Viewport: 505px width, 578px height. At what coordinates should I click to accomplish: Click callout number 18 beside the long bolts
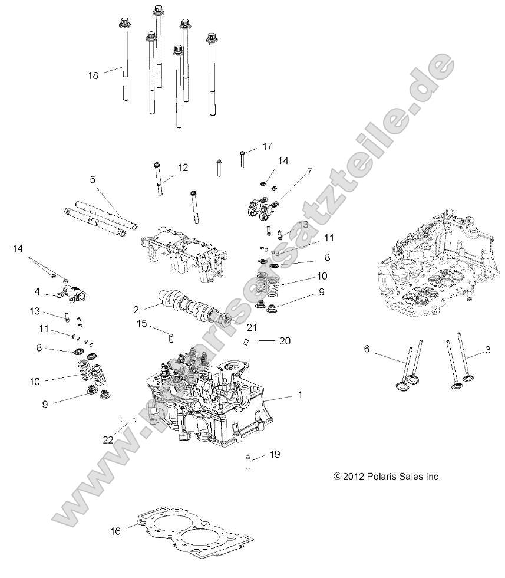[93, 75]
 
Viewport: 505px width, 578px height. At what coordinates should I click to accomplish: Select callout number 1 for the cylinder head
[299, 395]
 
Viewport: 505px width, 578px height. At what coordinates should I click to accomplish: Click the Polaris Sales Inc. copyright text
[387, 477]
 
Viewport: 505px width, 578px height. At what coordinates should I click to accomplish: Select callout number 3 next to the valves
[487, 350]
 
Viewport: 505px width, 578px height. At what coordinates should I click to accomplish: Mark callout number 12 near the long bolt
[183, 168]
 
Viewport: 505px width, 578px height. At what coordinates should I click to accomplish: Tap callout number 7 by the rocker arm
[309, 172]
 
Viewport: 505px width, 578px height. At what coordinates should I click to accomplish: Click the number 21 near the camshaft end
[252, 327]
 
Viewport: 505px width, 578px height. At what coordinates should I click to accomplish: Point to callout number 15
[141, 323]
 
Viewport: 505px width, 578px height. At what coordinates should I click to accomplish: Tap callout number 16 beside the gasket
[115, 531]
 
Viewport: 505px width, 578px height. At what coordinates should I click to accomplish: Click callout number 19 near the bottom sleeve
[275, 454]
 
